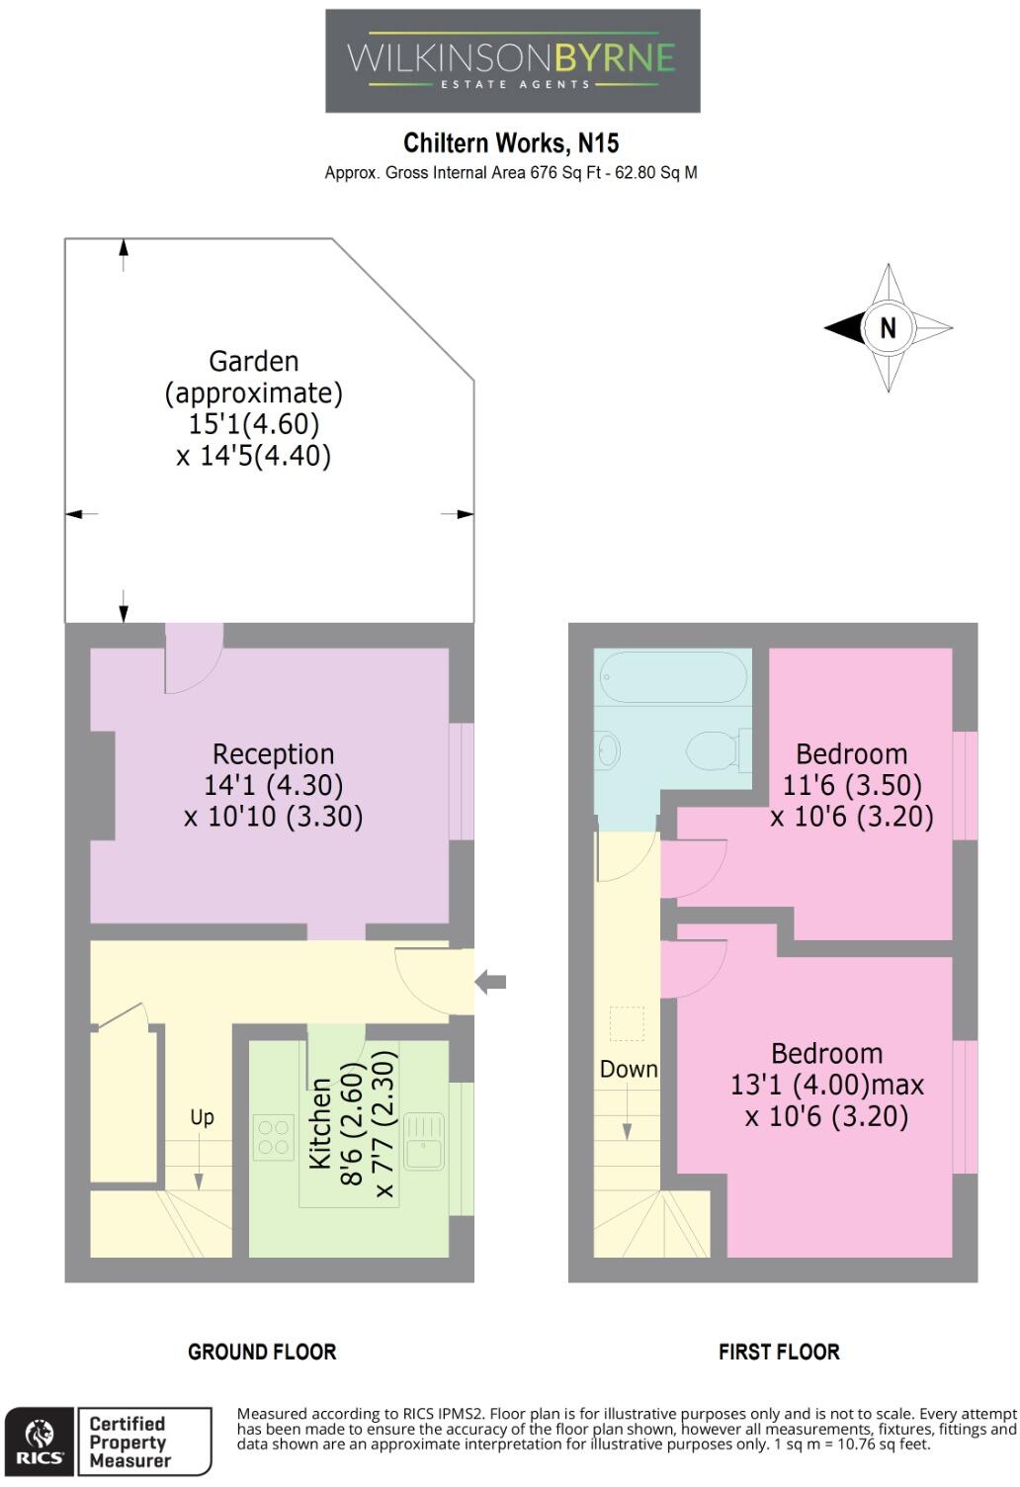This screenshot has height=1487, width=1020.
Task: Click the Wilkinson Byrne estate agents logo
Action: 512,61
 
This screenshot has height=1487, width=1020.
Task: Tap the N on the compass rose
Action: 888,327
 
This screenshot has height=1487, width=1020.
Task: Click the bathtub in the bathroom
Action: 672,676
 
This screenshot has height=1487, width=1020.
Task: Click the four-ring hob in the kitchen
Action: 273,1137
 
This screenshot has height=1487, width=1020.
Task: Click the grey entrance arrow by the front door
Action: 490,982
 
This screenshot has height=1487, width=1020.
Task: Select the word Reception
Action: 273,754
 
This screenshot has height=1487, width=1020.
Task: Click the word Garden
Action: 253,362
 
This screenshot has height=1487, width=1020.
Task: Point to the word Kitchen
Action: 320,1123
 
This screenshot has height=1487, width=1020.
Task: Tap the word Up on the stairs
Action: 202,1117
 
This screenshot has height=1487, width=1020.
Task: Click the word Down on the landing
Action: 629,1070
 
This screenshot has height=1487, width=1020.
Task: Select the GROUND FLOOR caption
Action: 262,1352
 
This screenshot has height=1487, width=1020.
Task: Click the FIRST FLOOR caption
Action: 779,1352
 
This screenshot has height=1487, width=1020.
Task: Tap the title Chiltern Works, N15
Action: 511,143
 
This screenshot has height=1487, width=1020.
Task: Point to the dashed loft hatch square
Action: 627,1024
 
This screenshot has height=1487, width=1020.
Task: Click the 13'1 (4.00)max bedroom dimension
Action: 826,1086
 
